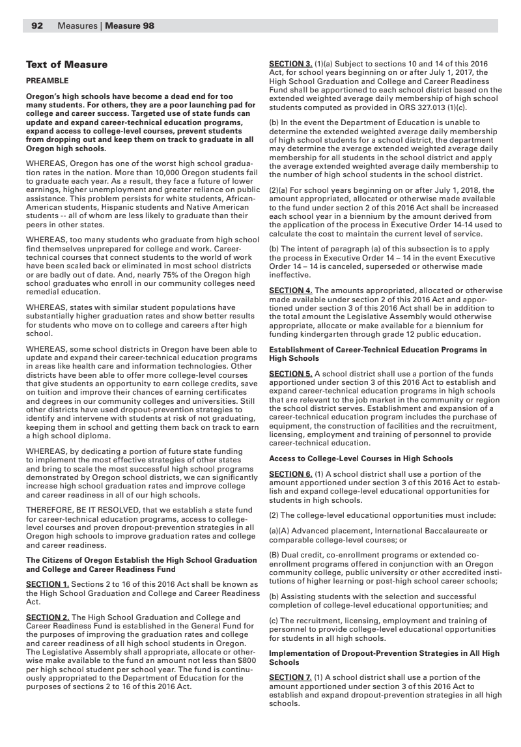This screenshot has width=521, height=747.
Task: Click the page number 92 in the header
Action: [37, 26]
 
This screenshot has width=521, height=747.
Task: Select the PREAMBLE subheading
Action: [47, 81]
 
